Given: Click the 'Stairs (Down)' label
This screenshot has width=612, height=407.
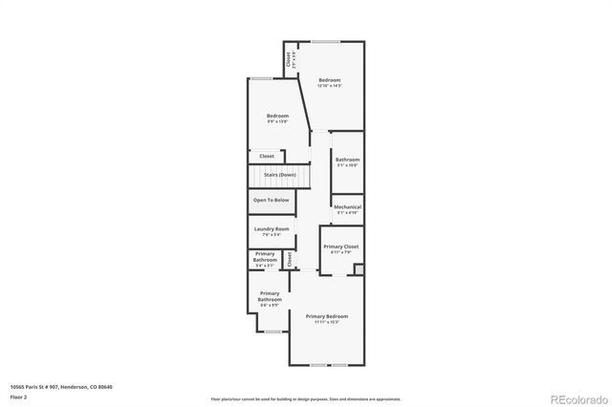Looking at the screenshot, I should click(273, 175).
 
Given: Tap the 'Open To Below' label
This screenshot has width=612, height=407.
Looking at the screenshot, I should click(271, 200).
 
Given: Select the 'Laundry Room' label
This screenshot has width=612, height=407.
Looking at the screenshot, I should click(272, 229).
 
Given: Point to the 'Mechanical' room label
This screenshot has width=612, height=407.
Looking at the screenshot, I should click(347, 206).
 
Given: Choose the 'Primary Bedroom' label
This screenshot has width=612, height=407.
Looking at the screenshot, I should click(326, 316).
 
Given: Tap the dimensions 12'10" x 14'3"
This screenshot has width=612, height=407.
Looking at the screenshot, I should click(330, 86).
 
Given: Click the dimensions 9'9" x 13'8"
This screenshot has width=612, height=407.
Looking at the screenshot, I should click(277, 121).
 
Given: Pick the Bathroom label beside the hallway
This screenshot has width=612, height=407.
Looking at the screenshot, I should click(347, 160).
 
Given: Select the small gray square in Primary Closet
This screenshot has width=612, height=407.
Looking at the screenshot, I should click(359, 270).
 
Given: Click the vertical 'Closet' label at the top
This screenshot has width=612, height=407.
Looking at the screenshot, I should click(289, 59).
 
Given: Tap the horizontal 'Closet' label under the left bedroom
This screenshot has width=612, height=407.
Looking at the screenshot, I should click(267, 156).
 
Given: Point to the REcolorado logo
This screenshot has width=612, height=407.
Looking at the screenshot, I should click(578, 397).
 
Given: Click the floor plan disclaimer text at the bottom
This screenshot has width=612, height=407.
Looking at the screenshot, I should click(306, 397).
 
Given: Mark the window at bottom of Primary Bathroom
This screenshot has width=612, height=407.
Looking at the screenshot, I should click(273, 332).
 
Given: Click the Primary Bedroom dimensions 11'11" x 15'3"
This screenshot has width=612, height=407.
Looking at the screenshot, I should click(326, 322).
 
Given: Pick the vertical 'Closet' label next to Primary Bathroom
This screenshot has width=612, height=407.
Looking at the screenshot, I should click(289, 257).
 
